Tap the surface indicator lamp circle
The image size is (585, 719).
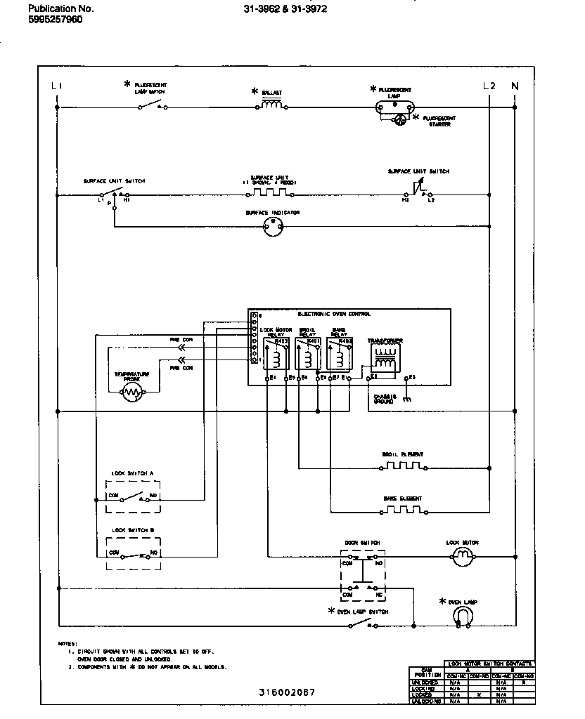coord(272,226)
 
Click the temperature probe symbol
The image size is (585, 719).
coord(133,394)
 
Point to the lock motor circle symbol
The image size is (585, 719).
coord(462,557)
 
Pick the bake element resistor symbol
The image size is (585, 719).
coord(404,509)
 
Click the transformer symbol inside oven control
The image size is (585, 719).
coord(382,357)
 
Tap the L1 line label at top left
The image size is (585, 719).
coord(57,86)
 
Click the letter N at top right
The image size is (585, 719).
coord(515,86)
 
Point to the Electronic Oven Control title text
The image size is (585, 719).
coord(334,314)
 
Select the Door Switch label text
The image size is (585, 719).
coord(362,543)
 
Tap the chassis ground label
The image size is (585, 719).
coord(385,398)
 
